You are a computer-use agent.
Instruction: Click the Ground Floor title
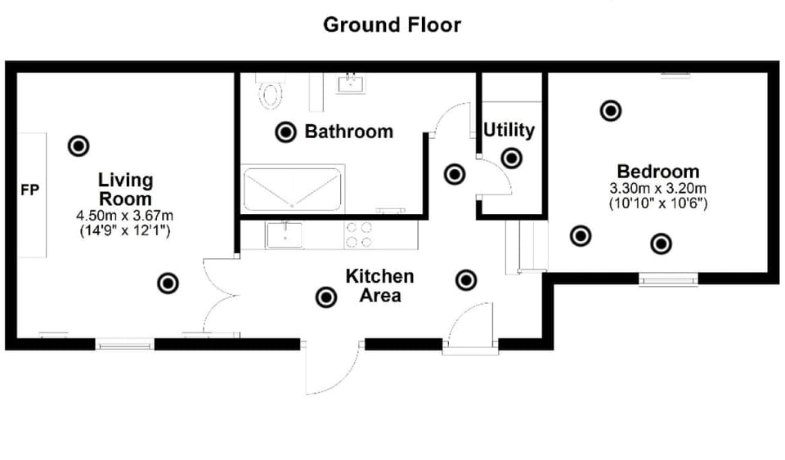pyautogui.click(x=392, y=25)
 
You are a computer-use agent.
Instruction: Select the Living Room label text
pyautogui.click(x=125, y=189)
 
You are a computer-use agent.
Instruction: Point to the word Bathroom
pyautogui.click(x=348, y=132)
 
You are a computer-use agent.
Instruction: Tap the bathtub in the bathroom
pyautogui.click(x=292, y=190)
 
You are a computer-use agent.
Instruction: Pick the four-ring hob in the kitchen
pyautogui.click(x=358, y=235)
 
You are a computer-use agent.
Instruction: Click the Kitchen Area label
pyautogui.click(x=379, y=285)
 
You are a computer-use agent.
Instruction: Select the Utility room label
pyautogui.click(x=509, y=130)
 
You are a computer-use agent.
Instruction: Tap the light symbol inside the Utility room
pyautogui.click(x=511, y=159)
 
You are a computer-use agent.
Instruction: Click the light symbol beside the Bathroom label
pyautogui.click(x=285, y=132)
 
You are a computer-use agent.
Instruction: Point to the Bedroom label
pyautogui.click(x=658, y=172)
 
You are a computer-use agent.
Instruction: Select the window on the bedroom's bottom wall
pyautogui.click(x=668, y=279)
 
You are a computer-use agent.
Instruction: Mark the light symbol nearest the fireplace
pyautogui.click(x=78, y=146)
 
